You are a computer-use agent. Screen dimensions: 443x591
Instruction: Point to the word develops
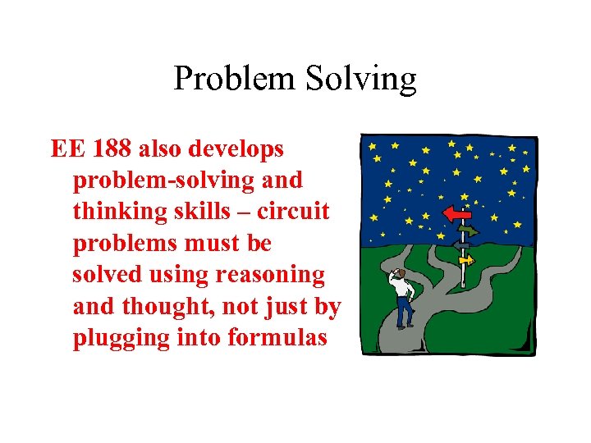238,149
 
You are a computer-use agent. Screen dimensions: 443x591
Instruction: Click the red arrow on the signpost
454,213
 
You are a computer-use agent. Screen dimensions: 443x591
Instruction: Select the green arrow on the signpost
469,231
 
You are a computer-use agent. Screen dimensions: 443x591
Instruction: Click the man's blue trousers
404,312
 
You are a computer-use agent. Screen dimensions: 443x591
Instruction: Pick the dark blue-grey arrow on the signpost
461,244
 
